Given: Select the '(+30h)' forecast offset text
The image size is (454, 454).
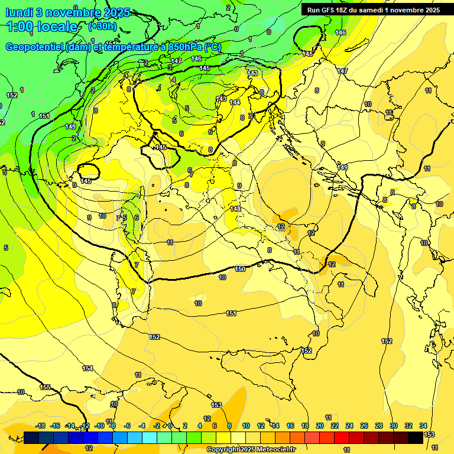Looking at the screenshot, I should (x=102, y=26).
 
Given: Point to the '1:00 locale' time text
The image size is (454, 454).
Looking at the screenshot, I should (x=42, y=27).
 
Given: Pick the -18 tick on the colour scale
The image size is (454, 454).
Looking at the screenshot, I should (x=40, y=426).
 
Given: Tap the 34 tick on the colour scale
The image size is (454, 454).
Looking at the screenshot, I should (x=424, y=426).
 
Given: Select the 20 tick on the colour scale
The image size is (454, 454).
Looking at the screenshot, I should (x=320, y=426).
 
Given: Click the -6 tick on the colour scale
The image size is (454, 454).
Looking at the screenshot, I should (x=128, y=426).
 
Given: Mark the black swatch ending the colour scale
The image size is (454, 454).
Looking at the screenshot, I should (x=416, y=437).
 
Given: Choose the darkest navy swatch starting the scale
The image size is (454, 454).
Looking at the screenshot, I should (x=31, y=437).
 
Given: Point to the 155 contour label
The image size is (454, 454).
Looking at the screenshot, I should (x=45, y=387).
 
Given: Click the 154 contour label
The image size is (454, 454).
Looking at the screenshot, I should (x=87, y=368).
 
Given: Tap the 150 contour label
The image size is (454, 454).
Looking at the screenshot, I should (x=240, y=269).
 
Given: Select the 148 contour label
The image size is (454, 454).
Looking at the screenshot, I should (x=235, y=209).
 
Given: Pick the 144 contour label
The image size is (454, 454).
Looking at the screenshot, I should (x=235, y=102).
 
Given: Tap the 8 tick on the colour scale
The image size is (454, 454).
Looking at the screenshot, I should (x=229, y=426).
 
